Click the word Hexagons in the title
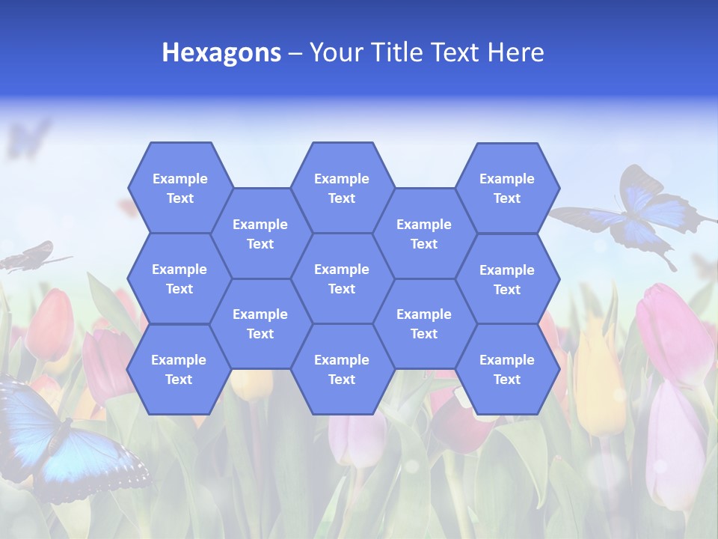[x=221, y=52]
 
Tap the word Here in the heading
[x=515, y=52]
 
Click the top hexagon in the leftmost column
[x=179, y=188]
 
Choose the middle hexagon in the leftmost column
[x=179, y=278]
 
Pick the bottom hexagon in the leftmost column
[x=179, y=369]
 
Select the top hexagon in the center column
[x=342, y=188]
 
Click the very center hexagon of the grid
[x=342, y=278]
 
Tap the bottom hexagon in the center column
[x=342, y=369]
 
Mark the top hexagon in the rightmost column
[x=507, y=188]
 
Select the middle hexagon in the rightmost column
[x=507, y=279]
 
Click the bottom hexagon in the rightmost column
[x=507, y=369]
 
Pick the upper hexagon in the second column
[x=260, y=234]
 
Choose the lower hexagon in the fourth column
[x=424, y=323]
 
